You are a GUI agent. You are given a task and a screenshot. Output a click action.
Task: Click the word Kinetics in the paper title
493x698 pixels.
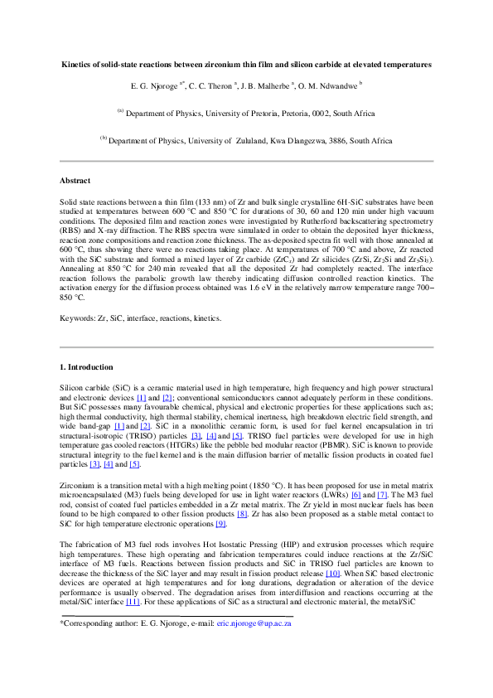(79, 65)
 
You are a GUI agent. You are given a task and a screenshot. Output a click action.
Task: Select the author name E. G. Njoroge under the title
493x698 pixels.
(153, 85)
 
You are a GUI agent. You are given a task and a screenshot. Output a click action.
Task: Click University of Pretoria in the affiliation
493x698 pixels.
(232, 114)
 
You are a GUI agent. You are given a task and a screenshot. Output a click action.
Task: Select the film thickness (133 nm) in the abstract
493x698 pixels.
(222, 201)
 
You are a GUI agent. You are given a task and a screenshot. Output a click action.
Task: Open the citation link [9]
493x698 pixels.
(220, 520)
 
